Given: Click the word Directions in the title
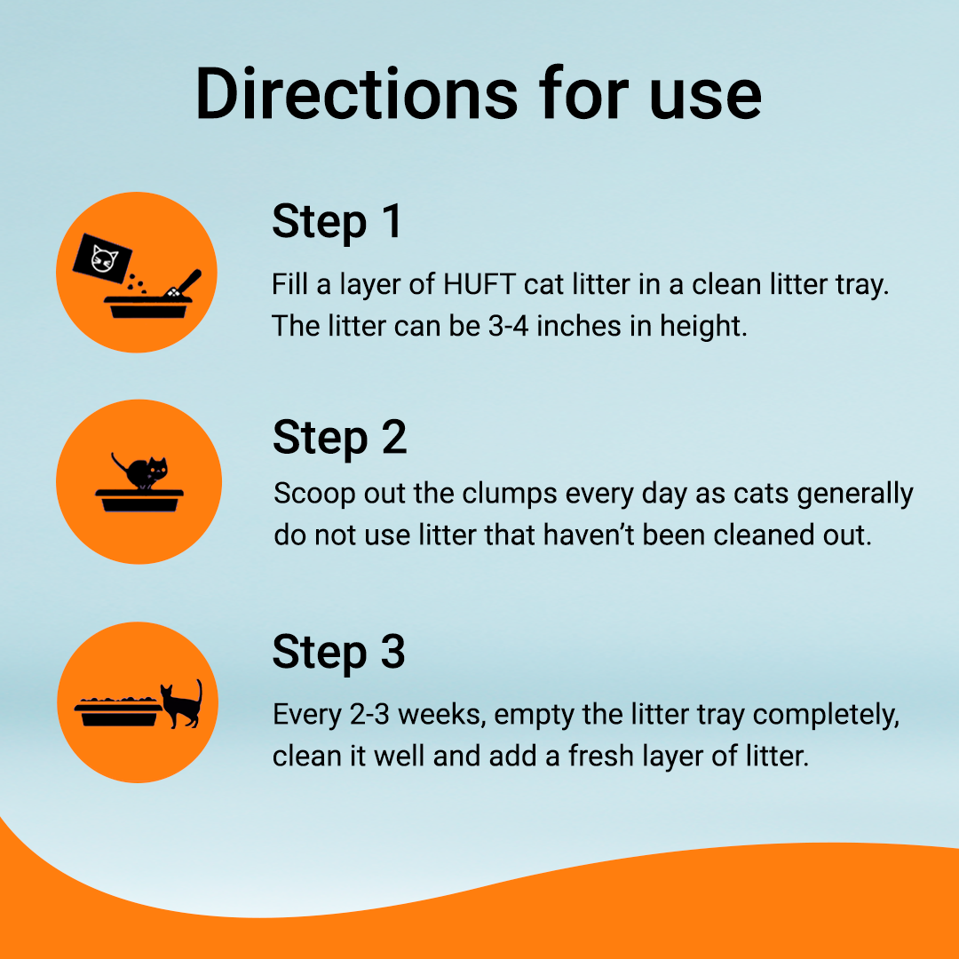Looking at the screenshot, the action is [357, 94].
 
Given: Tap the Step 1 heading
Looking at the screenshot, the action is [337, 222].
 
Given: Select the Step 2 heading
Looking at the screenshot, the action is [339, 438].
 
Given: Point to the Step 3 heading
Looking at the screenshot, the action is [339, 653].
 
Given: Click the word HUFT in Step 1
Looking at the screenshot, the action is [479, 284].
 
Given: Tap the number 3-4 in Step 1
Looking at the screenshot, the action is [508, 326].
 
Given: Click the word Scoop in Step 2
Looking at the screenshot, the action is [314, 495].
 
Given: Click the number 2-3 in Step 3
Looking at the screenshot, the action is [369, 714].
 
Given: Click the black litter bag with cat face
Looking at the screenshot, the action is [102, 258].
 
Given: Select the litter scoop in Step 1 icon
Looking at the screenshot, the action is [183, 284].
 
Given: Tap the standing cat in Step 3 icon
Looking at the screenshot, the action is [182, 704].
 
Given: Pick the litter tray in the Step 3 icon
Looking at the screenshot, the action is [118, 712].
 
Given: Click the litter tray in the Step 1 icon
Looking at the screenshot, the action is [148, 307].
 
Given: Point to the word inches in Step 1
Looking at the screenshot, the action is [579, 326].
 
